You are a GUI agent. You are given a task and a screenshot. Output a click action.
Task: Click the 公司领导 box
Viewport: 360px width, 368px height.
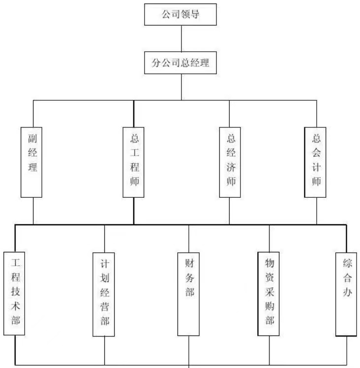(x=181, y=14)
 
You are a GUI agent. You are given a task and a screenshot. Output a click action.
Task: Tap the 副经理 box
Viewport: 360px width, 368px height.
(x=33, y=161)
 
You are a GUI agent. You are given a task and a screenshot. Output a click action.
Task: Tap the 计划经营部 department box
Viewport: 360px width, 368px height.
(x=104, y=294)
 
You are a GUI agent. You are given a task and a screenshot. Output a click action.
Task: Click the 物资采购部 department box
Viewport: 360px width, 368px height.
(x=269, y=293)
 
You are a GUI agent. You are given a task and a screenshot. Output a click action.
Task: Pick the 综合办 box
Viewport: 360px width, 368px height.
(x=347, y=294)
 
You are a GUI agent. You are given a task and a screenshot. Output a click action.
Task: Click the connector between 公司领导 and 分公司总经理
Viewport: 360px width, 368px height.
(x=181, y=38)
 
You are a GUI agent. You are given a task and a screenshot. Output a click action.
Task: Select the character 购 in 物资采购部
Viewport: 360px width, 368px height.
(x=269, y=307)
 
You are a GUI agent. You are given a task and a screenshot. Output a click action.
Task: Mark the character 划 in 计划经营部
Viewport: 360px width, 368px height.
(x=104, y=276)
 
